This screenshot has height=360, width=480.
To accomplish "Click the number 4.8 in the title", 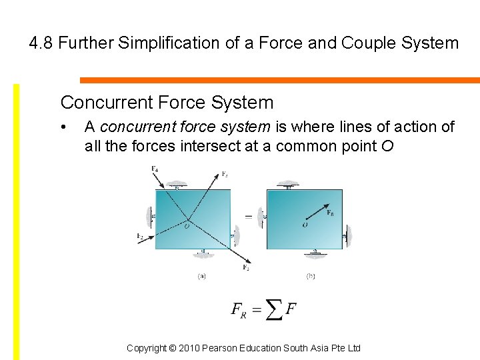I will point(41,44).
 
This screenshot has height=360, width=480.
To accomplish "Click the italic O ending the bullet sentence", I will point(388,146).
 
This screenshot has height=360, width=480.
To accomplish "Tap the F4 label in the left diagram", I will point(155,169).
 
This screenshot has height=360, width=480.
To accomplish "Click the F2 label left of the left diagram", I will point(140,236).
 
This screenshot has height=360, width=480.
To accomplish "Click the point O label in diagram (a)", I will point(186,226).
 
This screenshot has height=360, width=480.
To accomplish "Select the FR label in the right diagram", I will point(331,213).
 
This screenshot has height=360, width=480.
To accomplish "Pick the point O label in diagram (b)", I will point(305,225).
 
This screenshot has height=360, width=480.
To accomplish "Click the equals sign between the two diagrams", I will point(249,217).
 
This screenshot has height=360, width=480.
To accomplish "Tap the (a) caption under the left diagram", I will point(201,276).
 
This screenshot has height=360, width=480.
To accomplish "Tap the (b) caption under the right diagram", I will point(311,276).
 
